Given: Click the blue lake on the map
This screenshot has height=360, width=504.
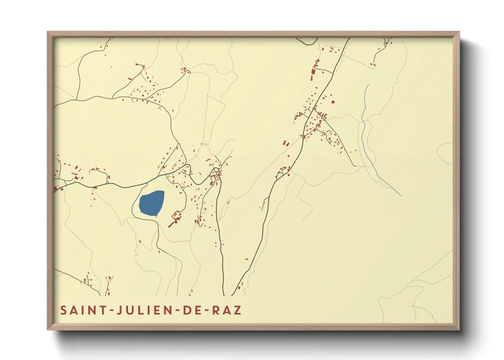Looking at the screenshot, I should (152, 203).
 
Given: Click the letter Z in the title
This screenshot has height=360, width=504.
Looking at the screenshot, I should (238, 310).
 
